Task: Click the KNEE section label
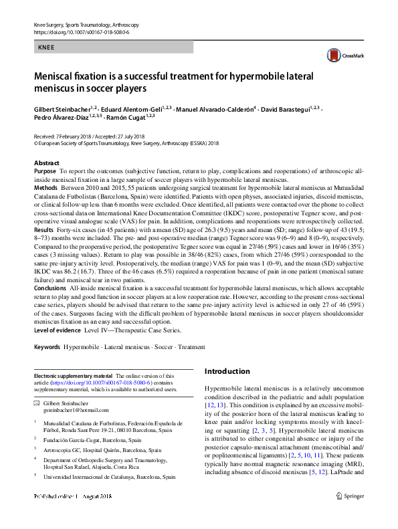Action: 45,47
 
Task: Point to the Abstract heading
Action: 46,163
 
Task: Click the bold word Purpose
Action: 45,172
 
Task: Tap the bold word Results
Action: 44,229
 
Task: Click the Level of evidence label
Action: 61,330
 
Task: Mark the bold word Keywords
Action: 47,348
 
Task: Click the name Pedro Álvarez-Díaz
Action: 63,117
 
